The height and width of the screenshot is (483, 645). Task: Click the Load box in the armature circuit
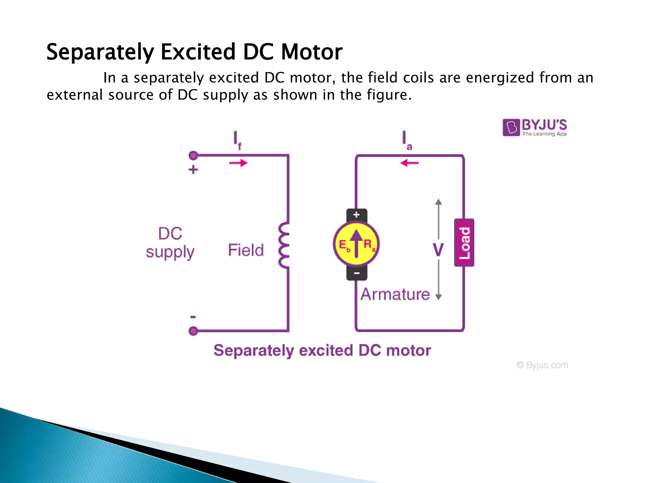(464, 243)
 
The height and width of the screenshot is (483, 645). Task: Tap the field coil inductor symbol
(284, 245)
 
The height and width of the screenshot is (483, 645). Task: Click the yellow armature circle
(356, 244)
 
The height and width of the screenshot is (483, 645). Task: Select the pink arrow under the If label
(238, 163)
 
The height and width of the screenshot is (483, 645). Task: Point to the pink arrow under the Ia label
(409, 163)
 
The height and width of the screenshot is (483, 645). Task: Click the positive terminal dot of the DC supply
(193, 155)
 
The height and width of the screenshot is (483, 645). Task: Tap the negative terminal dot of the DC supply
(193, 331)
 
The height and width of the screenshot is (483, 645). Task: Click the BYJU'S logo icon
(511, 127)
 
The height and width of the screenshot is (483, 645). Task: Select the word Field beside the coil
(246, 250)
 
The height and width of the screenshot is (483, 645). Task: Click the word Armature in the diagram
(395, 294)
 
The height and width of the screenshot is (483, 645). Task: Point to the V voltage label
(438, 250)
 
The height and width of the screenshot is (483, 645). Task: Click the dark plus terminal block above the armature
(357, 215)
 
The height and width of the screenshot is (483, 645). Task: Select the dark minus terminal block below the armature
(357, 273)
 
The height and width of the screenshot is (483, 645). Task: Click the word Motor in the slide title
(311, 52)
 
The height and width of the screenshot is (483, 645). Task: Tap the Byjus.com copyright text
(542, 365)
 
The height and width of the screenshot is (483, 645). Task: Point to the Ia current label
(406, 140)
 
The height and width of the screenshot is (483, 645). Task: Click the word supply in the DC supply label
(170, 252)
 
